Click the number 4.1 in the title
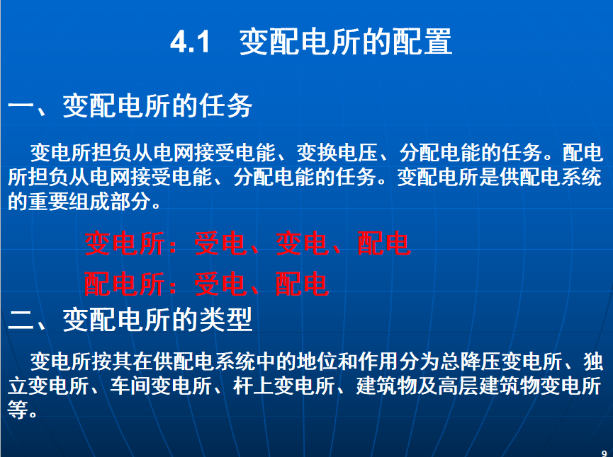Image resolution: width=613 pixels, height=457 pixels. pos(190,41)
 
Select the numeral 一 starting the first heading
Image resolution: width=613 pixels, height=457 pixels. pos(21,106)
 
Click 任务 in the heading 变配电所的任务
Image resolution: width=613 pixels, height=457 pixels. pos(225,106)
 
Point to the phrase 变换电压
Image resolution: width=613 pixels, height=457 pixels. pos(337,153)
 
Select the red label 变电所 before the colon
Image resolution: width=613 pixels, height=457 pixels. pos(125,243)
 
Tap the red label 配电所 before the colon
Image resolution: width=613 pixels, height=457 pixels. pos(125,284)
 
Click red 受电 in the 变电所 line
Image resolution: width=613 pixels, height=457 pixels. pos(221,243)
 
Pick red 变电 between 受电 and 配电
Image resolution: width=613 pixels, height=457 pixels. pos(303,243)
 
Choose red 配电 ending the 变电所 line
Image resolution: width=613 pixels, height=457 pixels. pos(384,243)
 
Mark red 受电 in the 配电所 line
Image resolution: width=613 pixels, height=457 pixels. pos(221,284)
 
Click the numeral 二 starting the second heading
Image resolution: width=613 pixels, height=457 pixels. pos(21,320)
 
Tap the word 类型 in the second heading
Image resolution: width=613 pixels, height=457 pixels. pos(225,320)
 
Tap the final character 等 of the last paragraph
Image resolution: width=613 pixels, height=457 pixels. pos(18,410)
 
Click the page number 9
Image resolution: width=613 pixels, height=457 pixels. pos(604,453)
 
